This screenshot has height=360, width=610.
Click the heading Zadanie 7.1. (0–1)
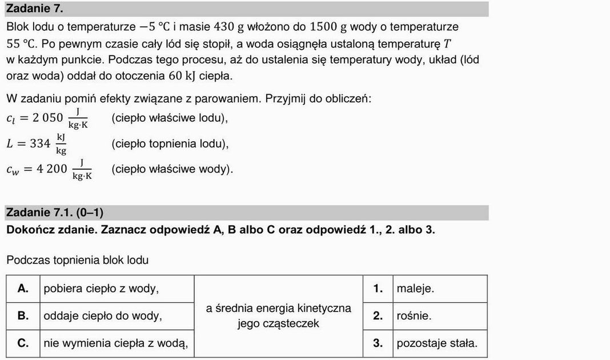point(54,213)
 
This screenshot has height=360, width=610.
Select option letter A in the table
point(23,289)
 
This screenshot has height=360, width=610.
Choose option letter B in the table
point(23,316)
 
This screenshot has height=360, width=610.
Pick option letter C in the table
point(23,343)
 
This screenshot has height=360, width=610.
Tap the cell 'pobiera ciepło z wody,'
point(101,289)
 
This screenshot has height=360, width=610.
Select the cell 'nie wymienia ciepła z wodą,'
point(115,343)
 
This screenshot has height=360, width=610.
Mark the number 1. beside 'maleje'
point(378,289)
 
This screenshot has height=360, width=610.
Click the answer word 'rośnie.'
point(414,316)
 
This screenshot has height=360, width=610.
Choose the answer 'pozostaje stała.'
point(437,343)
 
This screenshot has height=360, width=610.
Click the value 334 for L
point(40,143)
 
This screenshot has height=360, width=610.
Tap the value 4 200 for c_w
point(53,169)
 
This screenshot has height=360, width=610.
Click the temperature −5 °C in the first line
point(154,27)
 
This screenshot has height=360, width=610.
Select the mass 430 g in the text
point(230,27)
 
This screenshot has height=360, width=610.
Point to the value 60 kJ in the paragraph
point(182,76)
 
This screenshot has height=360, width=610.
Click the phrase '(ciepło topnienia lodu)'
point(170,143)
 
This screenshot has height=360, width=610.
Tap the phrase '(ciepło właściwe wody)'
point(172,169)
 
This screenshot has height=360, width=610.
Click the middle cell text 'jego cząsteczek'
point(278,324)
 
